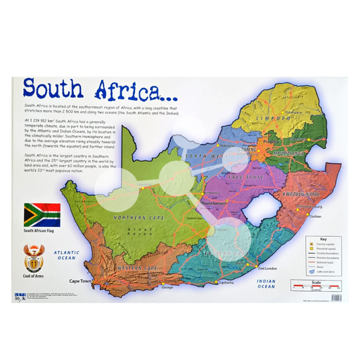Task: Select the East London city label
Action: pos(268,269)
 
